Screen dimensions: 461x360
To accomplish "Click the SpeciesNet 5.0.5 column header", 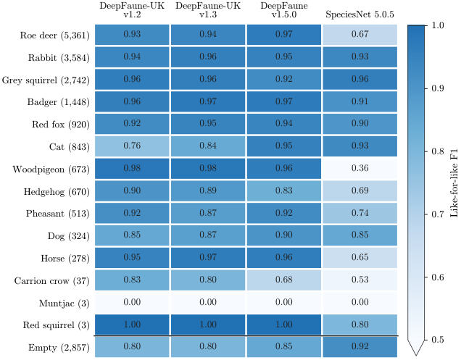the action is click(360, 14).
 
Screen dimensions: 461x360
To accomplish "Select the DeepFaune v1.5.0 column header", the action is click(284, 10).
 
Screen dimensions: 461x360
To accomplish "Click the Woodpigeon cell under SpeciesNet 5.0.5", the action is click(360, 168).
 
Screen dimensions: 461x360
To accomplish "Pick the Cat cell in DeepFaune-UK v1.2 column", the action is click(132, 146).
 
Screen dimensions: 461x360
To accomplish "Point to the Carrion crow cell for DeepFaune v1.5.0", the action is click(284, 280).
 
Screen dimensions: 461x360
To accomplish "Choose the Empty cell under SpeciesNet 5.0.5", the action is click(360, 347).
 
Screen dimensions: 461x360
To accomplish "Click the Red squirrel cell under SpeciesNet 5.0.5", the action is click(360, 325).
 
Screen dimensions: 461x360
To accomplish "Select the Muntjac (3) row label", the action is click(64, 303).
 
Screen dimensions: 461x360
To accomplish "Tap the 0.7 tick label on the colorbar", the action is click(437, 214).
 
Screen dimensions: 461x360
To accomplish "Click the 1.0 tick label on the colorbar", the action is click(437, 25).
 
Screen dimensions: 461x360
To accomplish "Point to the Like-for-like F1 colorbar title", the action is click(454, 183).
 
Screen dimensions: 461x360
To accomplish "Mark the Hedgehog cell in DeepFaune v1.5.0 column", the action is click(284, 191).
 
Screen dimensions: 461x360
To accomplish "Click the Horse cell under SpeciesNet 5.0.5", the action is click(360, 258).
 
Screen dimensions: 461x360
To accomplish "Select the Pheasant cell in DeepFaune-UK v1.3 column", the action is click(208, 213).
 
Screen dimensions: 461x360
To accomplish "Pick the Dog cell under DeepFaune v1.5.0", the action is click(284, 235).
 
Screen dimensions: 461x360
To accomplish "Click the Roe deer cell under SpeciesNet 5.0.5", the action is click(360, 35).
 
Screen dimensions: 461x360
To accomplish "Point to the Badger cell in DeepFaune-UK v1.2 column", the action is click(132, 101).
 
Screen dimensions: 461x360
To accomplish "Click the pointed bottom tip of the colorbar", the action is click(416, 356).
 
